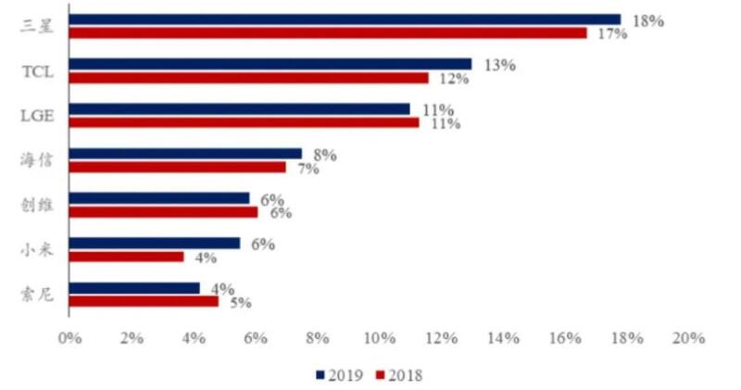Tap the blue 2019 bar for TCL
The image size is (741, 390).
[x=270, y=64]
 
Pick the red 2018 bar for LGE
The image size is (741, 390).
[x=244, y=122]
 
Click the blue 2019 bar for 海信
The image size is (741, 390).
[x=185, y=153]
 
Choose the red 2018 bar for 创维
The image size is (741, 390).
[x=163, y=212]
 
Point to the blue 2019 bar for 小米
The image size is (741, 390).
[x=154, y=243]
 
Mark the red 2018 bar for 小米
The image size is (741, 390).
[x=126, y=257]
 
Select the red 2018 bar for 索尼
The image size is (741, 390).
[x=144, y=301]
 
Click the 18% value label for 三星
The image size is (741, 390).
[x=647, y=19]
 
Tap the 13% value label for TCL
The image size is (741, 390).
[x=499, y=65]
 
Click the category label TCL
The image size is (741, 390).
[x=37, y=71]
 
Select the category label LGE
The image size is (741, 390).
[x=37, y=116]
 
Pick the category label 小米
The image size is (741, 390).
[x=37, y=250]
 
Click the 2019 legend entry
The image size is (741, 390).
[x=341, y=375]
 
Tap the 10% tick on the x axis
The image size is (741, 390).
[x=379, y=339]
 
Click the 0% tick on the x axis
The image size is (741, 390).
[x=69, y=339]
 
